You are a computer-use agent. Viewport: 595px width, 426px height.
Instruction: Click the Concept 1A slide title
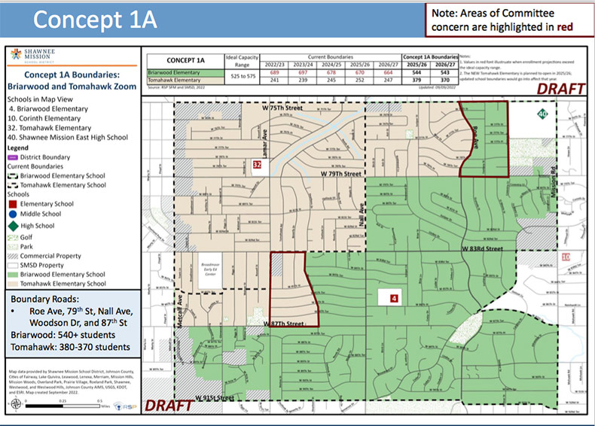point(94,20)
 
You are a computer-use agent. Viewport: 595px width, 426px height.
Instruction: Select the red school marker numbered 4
point(393,298)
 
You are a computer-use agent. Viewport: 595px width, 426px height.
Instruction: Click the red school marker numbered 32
point(257,165)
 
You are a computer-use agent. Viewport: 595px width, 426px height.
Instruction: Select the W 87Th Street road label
point(282,323)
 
